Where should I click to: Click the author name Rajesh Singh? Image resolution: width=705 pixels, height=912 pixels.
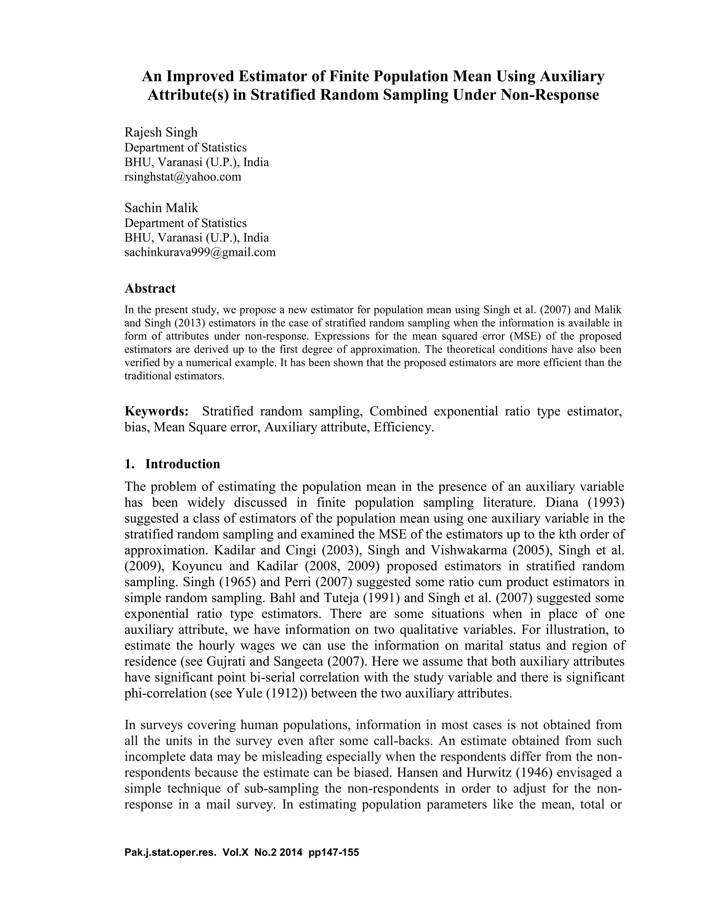[161, 132]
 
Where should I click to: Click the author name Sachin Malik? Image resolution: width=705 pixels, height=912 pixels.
[161, 208]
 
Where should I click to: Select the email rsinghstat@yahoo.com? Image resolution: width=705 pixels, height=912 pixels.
[183, 177]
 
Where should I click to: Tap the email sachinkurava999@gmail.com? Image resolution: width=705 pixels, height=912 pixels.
[200, 252]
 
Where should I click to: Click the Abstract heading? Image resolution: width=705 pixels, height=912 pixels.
[150, 288]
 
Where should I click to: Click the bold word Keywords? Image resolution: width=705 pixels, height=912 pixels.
[157, 411]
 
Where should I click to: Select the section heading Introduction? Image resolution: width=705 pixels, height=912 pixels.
[182, 464]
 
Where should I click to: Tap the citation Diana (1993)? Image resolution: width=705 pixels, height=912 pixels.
[585, 502]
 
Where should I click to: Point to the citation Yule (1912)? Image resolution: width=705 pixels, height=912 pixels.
[272, 693]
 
